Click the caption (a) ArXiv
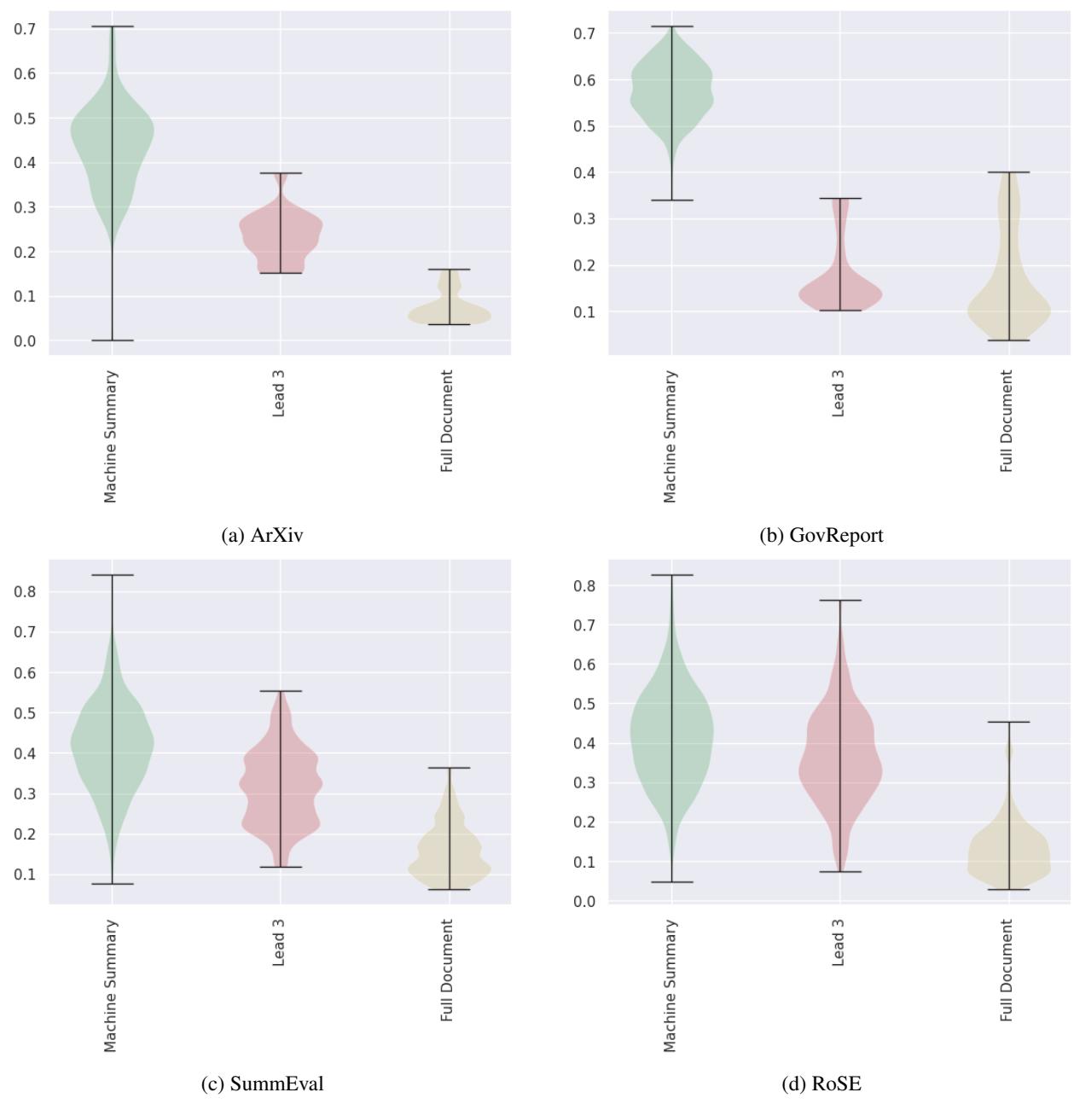262,535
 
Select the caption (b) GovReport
821,535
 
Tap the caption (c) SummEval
262,1084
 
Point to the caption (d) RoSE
821,1084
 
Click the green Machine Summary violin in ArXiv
112,137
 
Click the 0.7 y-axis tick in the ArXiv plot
26,29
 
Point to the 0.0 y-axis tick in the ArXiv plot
26,341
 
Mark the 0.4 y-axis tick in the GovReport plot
586,173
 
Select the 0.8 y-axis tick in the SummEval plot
26,591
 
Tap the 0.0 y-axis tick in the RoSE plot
586,902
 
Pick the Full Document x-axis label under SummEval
448,970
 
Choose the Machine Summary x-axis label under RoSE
671,985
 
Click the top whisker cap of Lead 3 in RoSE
839,601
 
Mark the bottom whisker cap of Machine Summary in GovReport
671,200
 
